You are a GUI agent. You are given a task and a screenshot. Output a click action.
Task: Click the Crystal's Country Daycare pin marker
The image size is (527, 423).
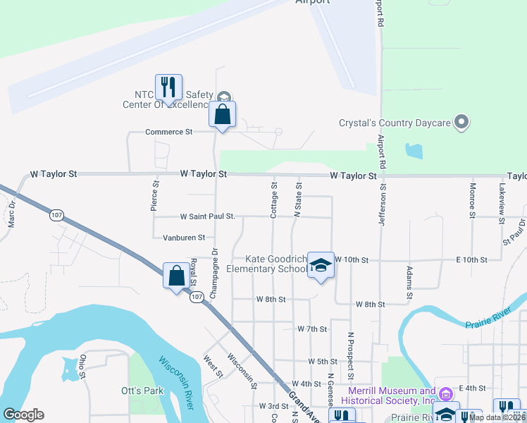[461, 123]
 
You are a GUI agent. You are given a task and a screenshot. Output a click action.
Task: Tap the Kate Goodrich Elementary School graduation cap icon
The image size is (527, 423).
[321, 266]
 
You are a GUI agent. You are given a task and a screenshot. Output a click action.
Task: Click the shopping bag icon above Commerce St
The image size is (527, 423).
[222, 114]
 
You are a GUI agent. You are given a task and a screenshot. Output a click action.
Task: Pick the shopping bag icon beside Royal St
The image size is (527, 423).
[175, 276]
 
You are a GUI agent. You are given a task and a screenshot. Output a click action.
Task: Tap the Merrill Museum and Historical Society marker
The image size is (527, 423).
[445, 393]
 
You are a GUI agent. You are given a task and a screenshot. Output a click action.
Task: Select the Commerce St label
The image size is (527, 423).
[168, 132]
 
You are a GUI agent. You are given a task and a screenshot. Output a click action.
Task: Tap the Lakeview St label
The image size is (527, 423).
[501, 204]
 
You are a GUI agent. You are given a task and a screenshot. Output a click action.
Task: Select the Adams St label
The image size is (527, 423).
[408, 278]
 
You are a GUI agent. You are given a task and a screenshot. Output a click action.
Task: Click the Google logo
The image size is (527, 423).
[23, 415]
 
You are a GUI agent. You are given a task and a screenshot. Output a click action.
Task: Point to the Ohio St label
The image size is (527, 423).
[82, 363]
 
